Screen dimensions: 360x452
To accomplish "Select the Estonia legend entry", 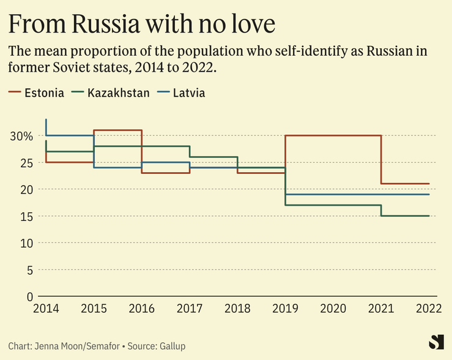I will click(x=43, y=93).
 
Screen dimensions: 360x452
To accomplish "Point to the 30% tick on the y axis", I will click(x=21, y=136).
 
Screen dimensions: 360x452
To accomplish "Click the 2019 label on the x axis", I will click(x=285, y=309).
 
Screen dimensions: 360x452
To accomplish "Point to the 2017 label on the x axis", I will click(x=189, y=309).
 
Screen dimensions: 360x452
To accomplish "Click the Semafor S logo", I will click(x=436, y=342).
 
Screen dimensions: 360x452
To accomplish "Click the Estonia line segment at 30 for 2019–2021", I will click(x=333, y=135).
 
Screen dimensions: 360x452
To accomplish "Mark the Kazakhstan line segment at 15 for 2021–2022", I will click(x=405, y=216).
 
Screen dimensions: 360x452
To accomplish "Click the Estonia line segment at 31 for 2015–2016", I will click(x=117, y=130).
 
